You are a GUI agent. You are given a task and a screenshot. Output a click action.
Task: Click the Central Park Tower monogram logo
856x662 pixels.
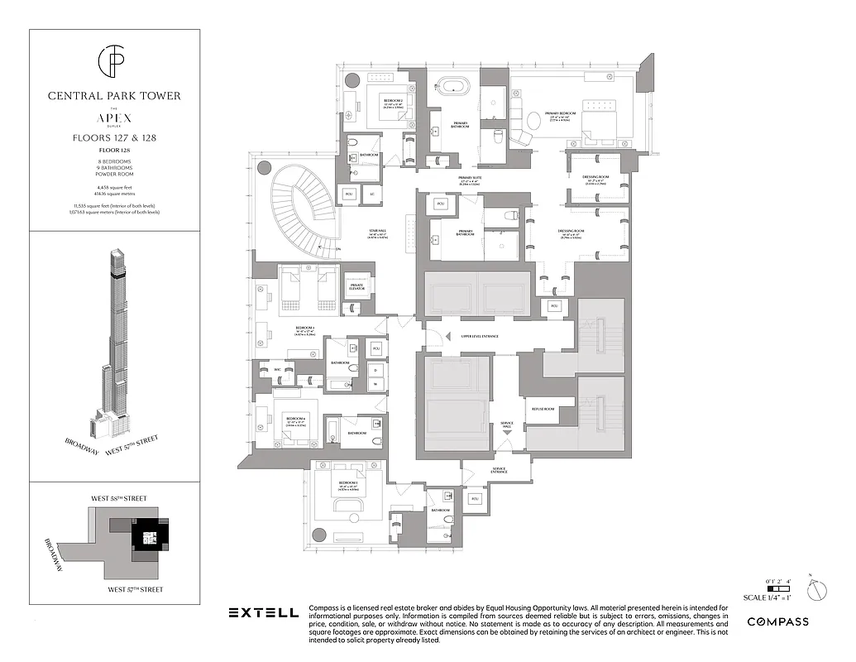pos(114,60)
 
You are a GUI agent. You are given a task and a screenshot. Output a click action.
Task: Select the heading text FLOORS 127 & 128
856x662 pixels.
pos(114,137)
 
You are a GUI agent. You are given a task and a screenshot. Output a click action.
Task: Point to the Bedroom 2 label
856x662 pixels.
pos(392,101)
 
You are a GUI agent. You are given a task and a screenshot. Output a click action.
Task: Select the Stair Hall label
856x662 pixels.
pos(357,234)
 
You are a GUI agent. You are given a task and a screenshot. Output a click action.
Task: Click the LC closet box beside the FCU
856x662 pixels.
pos(373,195)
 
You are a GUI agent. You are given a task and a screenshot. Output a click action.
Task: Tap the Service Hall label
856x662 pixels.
pos(506,426)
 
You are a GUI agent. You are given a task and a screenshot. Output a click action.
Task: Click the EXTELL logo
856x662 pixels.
pos(263,612)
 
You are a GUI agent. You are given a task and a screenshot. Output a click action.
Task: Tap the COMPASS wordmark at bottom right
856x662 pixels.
pos(777,621)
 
